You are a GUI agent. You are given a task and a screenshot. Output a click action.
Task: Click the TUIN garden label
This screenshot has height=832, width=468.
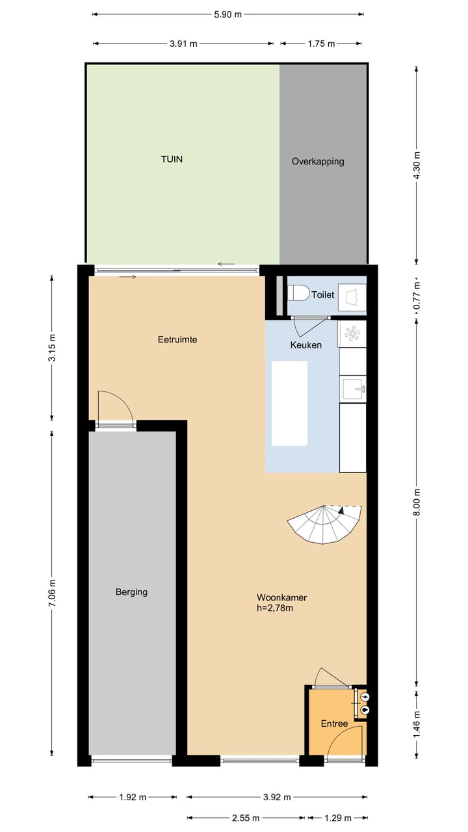tap(172, 159)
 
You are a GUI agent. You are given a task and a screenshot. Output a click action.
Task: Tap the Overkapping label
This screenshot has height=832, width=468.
tap(318, 161)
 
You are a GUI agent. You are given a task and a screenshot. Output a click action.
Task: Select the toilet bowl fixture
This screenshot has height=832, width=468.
tap(298, 294)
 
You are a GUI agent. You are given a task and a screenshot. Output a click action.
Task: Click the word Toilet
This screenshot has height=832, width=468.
tap(322, 295)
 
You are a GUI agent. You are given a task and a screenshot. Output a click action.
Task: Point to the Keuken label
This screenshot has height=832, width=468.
tap(305, 345)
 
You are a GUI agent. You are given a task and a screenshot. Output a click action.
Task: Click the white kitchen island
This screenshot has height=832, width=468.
tap(289, 403)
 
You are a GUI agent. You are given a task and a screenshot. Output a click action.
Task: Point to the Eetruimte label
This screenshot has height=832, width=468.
tap(177, 339)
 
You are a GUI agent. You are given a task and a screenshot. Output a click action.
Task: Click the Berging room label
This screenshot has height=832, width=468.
tap(131, 592)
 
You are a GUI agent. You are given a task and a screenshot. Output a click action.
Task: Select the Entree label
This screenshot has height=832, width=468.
tap(334, 723)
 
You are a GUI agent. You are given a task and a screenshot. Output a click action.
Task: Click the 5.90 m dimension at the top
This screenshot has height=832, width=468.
tap(227, 14)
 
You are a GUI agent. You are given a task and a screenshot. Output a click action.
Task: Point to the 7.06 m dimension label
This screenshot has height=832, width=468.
tap(52, 593)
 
